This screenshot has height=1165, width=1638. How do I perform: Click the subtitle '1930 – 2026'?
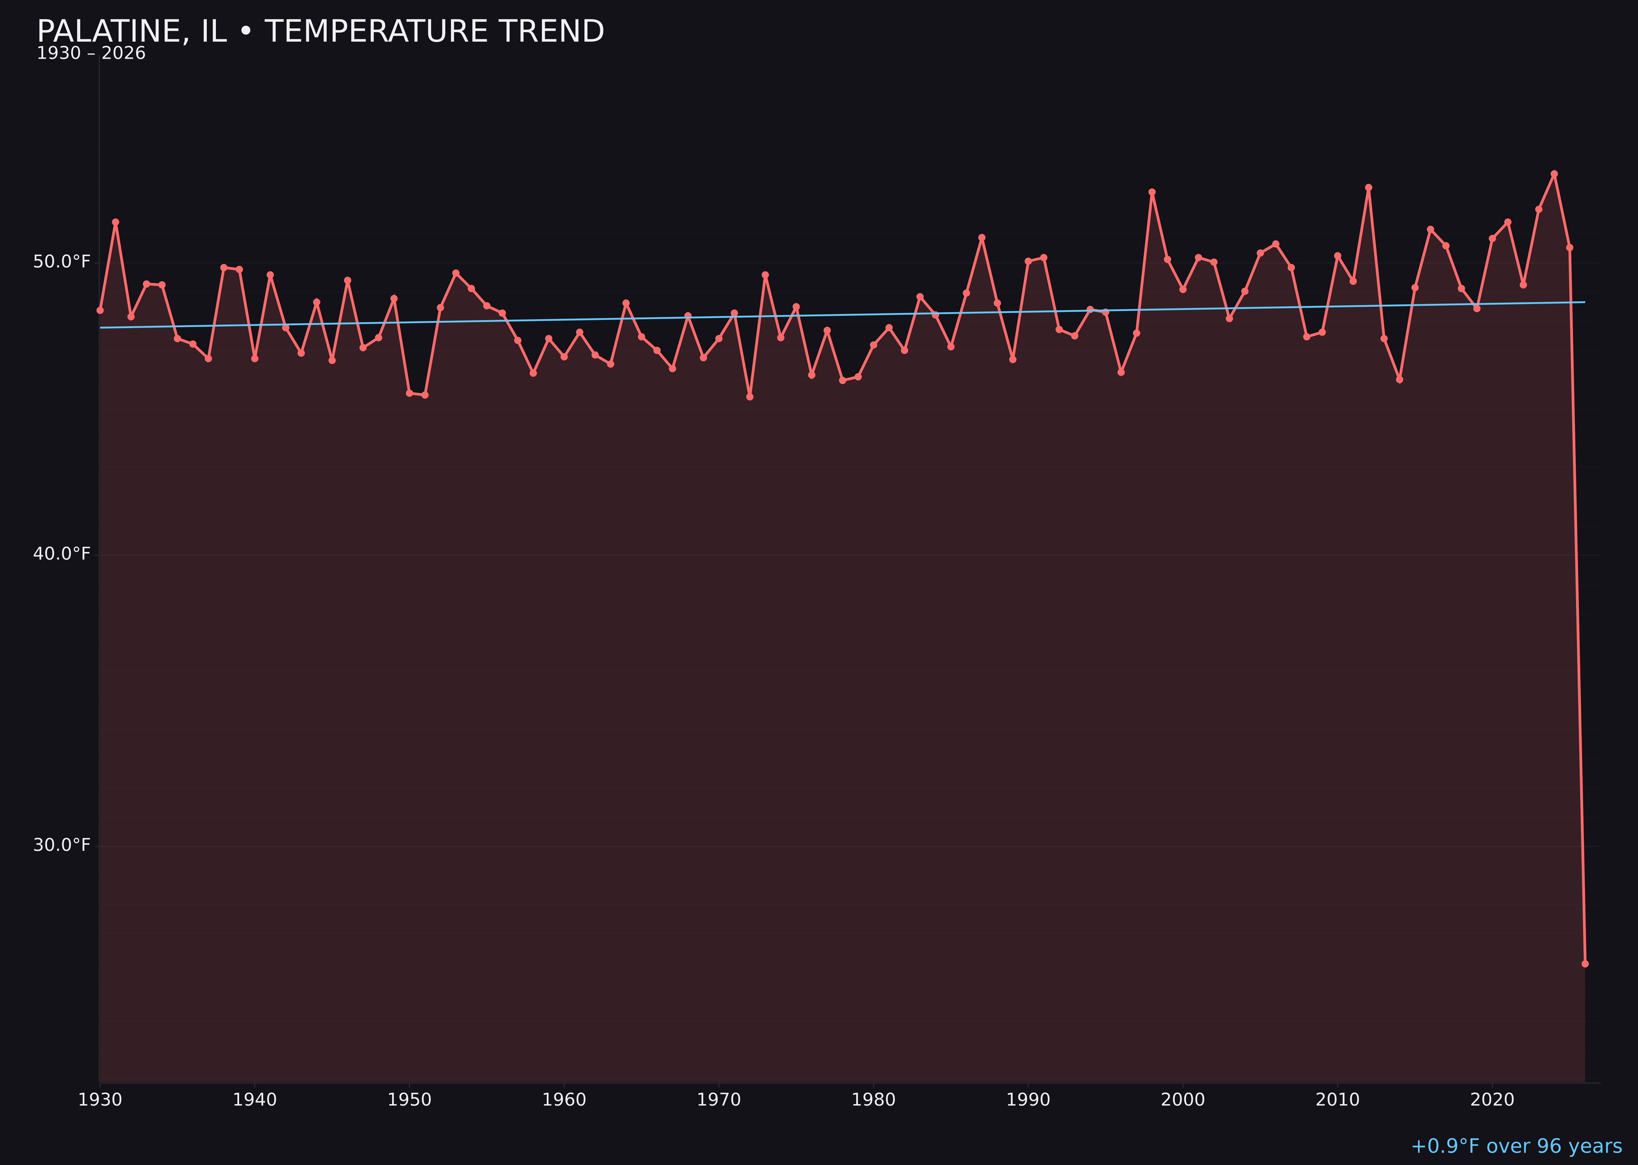tap(91, 54)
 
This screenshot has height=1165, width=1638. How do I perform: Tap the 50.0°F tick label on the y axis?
tap(62, 262)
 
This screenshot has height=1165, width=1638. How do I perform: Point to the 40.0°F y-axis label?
tap(62, 554)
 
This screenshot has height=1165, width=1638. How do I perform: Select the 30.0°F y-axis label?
tap(62, 845)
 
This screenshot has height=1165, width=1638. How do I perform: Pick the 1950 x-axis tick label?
tap(409, 1100)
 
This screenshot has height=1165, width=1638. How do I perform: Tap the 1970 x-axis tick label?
tap(719, 1100)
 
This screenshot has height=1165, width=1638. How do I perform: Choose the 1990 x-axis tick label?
tap(1028, 1100)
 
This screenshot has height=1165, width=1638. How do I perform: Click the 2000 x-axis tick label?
tap(1183, 1100)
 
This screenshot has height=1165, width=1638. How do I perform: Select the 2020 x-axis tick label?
tap(1492, 1100)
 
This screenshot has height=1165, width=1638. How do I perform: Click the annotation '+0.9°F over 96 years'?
tap(1516, 1146)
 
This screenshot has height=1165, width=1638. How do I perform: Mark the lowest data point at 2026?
tap(1585, 963)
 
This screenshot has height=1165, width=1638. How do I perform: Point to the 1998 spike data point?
tap(1152, 192)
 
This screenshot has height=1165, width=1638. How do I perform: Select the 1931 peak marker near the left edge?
tap(115, 222)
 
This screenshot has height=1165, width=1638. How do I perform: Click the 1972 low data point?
tap(749, 397)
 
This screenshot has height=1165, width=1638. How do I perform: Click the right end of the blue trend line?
tap(1584, 302)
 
